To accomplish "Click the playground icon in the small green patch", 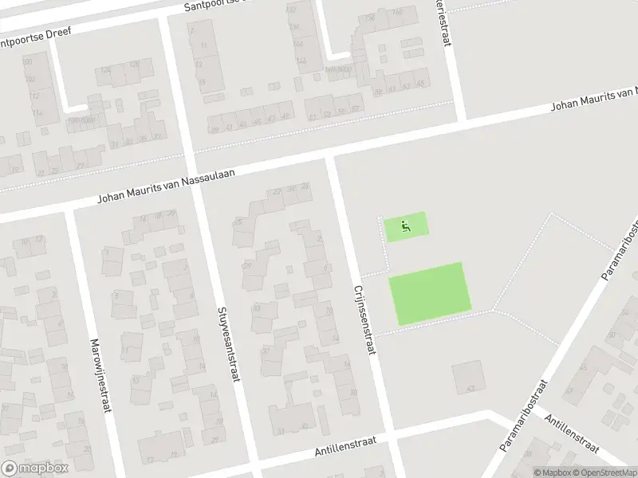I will (x=406, y=226).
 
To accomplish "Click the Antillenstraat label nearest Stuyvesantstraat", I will (x=345, y=443).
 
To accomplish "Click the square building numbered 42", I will (x=468, y=376).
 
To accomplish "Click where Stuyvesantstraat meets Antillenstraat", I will (x=254, y=461).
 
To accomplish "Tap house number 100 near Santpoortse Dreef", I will (x=28, y=61).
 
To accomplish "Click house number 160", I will (x=396, y=11).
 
